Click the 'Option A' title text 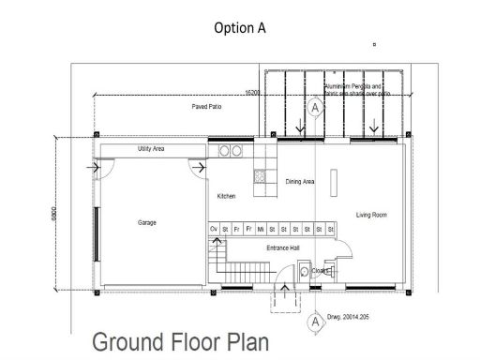tap(240, 27)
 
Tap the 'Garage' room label tap(147, 222)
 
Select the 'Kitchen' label tap(226, 196)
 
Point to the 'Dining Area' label tap(300, 182)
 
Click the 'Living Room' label tap(371, 215)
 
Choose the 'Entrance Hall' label tap(282, 247)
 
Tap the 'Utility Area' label tap(151, 149)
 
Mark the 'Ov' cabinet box tap(213, 229)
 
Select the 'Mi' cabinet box tap(260, 229)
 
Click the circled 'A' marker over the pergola tap(316, 108)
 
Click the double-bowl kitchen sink tap(231, 150)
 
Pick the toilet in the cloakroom tap(304, 271)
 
